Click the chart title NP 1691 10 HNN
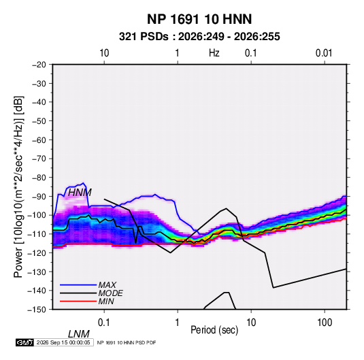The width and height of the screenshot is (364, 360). [x=199, y=19]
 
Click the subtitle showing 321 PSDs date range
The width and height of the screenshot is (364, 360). [x=199, y=37]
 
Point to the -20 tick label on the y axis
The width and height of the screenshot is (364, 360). [x=39, y=65]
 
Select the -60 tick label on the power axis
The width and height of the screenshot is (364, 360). [x=39, y=140]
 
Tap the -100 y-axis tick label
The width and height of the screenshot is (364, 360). [x=37, y=215]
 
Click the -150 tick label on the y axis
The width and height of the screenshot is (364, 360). [x=37, y=310]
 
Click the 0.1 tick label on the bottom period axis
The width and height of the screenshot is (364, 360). [x=104, y=323]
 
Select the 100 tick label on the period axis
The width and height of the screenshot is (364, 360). [x=325, y=323]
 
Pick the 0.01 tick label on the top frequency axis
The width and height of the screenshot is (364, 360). [x=324, y=53]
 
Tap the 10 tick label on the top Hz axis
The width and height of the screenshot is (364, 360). [x=104, y=53]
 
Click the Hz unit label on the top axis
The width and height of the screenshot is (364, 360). [x=214, y=53]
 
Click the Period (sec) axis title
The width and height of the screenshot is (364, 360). [x=214, y=330]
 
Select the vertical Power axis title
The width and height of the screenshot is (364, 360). [x=18, y=187]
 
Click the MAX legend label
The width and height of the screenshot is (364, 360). [x=107, y=284]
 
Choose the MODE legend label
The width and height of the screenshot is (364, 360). [x=110, y=293]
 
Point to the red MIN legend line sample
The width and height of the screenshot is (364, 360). [x=78, y=301]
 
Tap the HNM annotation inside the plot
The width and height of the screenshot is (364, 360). [x=80, y=193]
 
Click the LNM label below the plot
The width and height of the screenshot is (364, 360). [x=78, y=334]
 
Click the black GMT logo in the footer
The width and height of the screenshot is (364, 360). [x=25, y=342]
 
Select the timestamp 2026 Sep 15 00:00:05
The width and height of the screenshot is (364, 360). [x=63, y=342]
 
